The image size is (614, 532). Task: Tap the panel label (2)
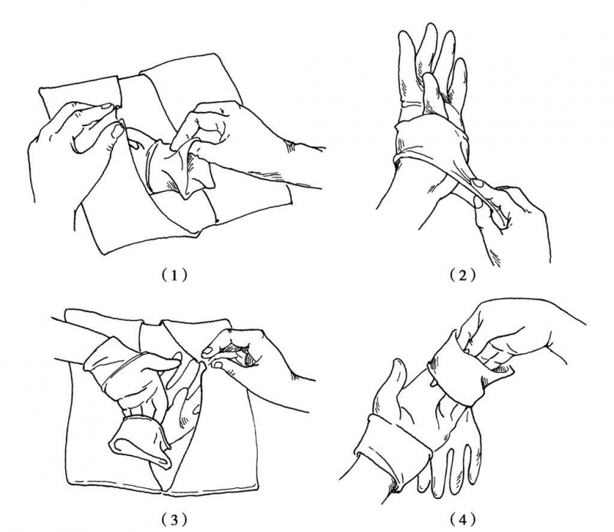point(463,275)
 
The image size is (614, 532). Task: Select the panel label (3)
point(174,520)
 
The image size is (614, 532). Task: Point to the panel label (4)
point(463,520)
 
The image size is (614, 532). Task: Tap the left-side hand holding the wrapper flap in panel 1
point(74,141)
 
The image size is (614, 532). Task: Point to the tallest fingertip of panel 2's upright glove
point(427,27)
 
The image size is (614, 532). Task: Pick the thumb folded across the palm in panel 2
point(434,94)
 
